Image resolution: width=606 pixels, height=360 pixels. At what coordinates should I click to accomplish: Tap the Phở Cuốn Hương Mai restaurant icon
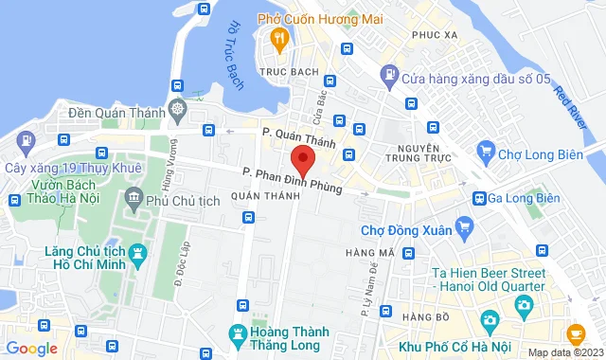[279, 38]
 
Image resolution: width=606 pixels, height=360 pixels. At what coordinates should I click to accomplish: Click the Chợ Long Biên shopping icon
[487, 150]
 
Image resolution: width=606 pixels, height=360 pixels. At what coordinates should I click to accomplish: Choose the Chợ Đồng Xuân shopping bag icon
[463, 226]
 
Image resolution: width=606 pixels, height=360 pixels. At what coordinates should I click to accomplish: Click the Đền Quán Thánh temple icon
[177, 109]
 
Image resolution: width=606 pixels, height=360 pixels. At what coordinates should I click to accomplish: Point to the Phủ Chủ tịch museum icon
[134, 200]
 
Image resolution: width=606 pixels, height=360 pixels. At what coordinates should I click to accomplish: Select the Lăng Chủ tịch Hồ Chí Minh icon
[139, 253]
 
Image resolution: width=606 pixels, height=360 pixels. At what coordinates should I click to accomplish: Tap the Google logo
[31, 349]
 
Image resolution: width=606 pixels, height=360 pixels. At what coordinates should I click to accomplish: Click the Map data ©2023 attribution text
[564, 353]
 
